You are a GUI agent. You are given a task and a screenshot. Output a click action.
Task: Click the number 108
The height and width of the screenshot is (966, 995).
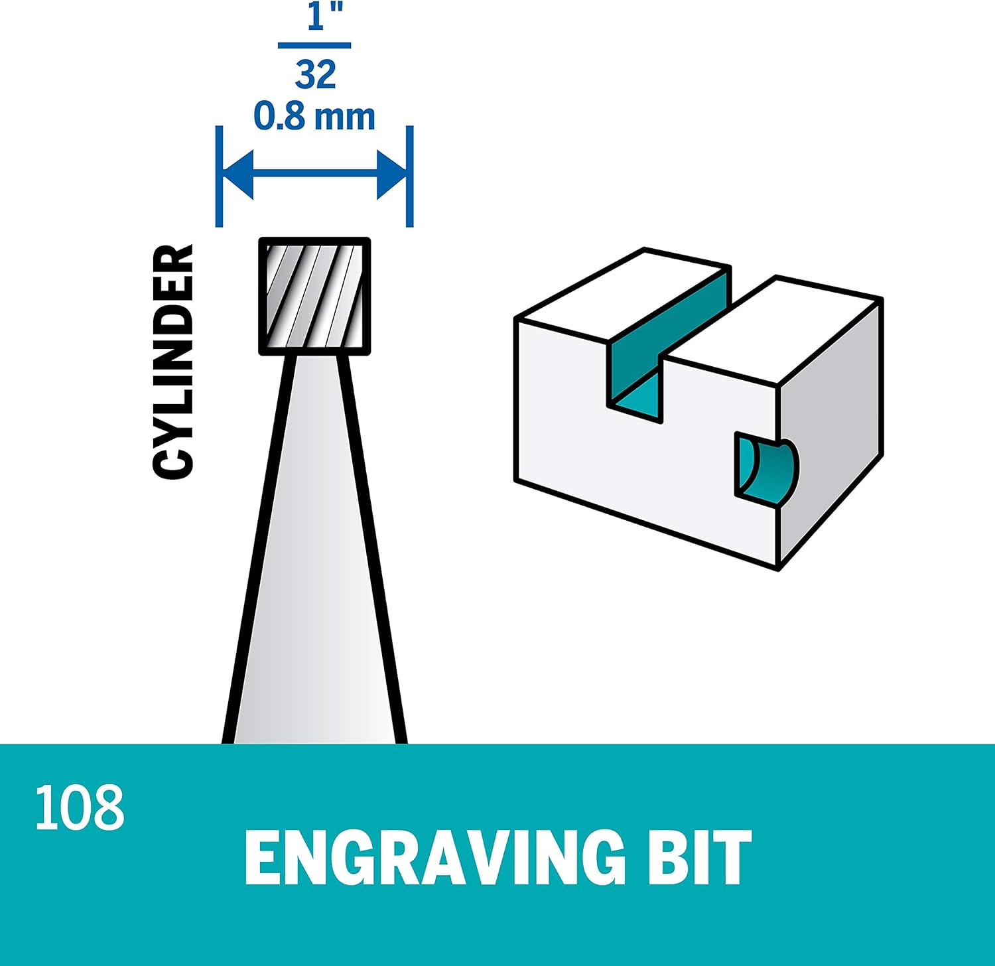tap(80, 807)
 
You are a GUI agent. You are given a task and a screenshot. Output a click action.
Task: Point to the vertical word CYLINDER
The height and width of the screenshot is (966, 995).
tap(173, 362)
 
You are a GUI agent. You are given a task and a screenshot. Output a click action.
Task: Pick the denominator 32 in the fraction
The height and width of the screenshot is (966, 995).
tap(316, 74)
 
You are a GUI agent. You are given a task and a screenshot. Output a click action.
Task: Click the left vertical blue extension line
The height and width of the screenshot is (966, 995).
tap(220, 176)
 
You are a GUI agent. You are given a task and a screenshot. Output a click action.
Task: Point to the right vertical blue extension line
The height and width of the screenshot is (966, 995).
tap(409, 176)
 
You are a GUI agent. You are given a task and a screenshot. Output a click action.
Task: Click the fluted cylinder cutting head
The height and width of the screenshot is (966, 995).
tap(314, 296)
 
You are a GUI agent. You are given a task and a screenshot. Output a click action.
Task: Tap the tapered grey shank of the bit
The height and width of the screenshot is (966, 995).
tap(314, 564)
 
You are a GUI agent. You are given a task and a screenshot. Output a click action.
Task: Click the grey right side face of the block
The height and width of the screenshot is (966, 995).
tap(829, 431)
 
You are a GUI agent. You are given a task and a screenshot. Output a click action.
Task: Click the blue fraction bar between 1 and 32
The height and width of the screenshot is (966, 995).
tap(314, 46)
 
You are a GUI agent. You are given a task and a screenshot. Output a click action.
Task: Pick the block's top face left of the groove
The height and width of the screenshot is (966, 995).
tap(624, 292)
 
